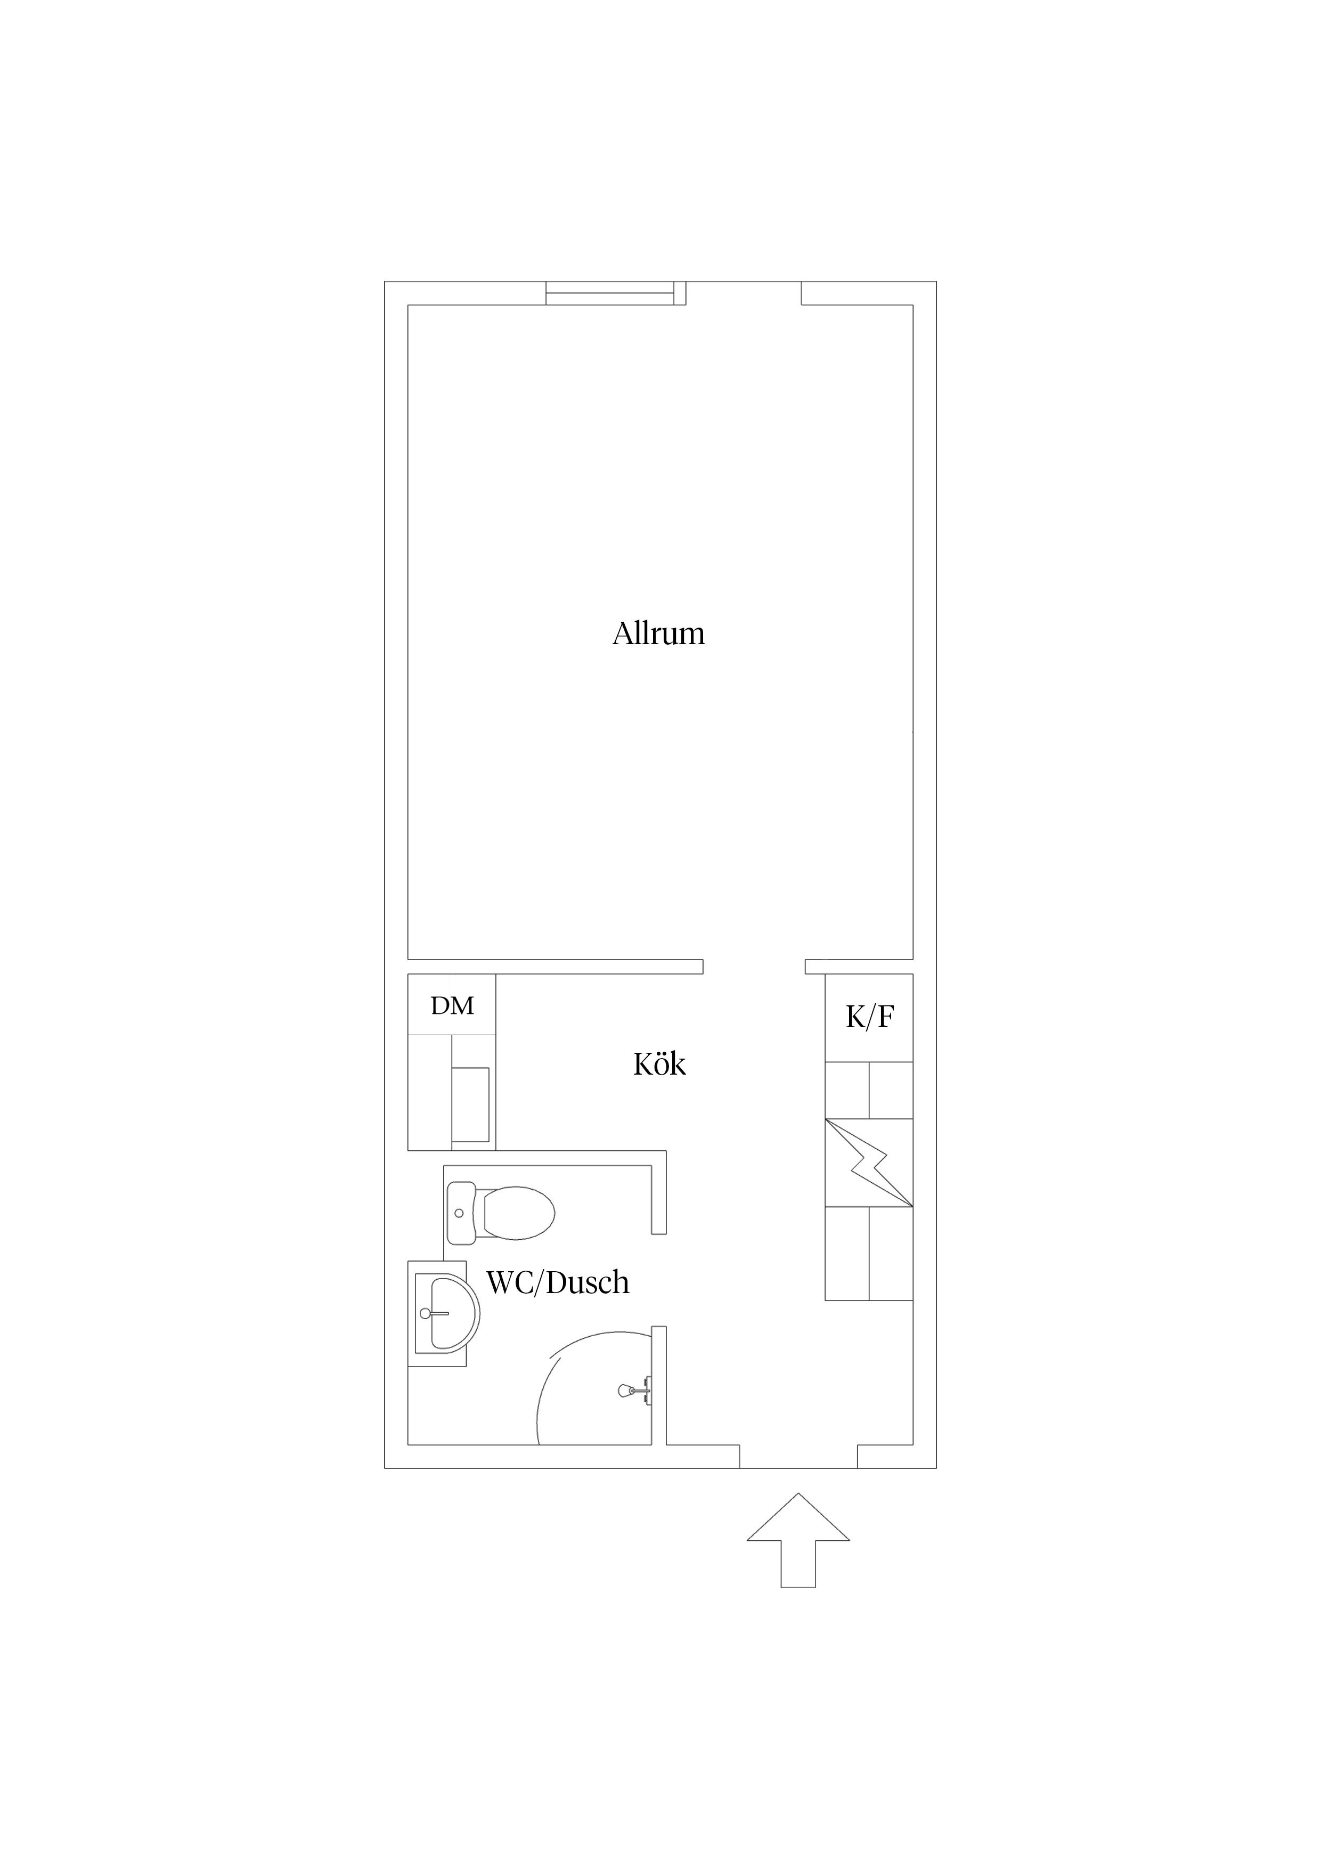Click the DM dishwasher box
[452, 1004]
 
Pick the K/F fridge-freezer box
[869, 1018]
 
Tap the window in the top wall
[610, 293]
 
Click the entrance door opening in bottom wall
[798, 1456]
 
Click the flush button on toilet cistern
[459, 1213]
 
